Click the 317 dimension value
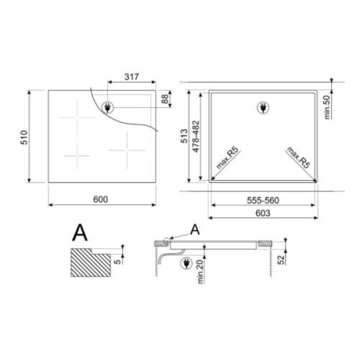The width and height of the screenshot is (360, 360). pyautogui.click(x=132, y=76)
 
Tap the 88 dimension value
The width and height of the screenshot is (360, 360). pyautogui.click(x=165, y=99)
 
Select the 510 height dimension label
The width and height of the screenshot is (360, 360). pyautogui.click(x=24, y=137)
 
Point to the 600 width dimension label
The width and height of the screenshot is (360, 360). pyautogui.click(x=101, y=199)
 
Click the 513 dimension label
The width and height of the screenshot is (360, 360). pyautogui.click(x=184, y=136)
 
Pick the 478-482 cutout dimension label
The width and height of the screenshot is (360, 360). pyautogui.click(x=196, y=136)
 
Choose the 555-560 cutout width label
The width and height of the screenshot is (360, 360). pyautogui.click(x=263, y=200)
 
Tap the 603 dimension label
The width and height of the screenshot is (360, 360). pyautogui.click(x=263, y=213)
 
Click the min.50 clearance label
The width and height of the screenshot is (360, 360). pyautogui.click(x=327, y=107)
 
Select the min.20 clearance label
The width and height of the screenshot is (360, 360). pyautogui.click(x=200, y=272)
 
